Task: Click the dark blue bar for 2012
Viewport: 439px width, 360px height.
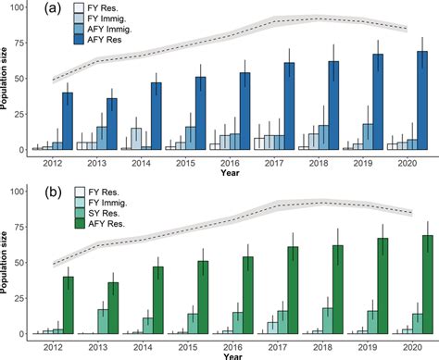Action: pos(68,121)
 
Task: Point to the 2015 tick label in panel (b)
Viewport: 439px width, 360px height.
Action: pos(185,342)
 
